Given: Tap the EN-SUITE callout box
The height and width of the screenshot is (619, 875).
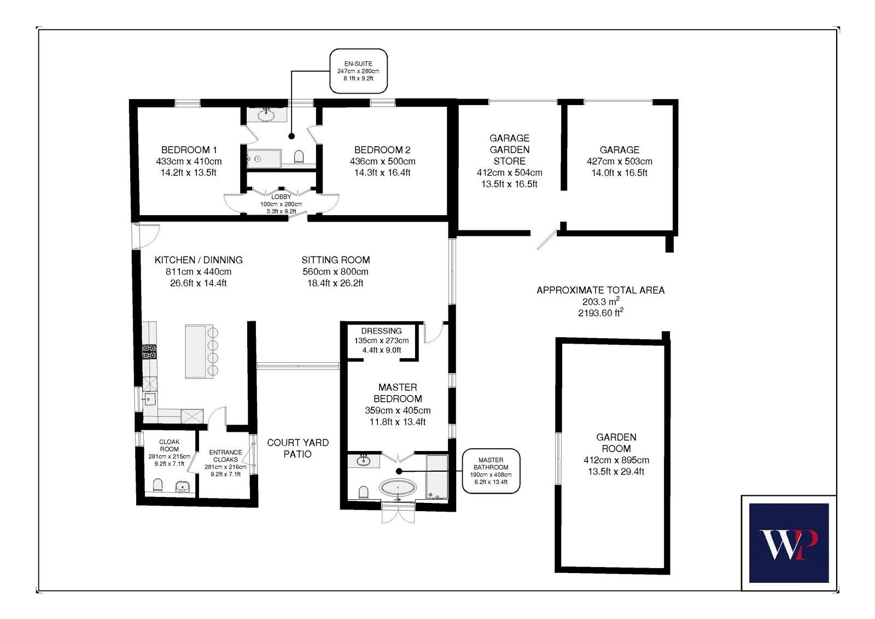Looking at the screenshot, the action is coord(358,71).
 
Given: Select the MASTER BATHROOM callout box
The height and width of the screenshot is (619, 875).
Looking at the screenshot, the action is coord(491,471).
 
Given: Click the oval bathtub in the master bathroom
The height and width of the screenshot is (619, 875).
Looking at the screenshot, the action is coord(398,488).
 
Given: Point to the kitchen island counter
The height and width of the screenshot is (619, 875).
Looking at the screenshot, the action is coord(199,351).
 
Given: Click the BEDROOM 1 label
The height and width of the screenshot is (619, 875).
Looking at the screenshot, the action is coord(189,150).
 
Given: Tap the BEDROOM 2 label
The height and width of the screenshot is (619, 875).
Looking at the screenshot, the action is coord(382,150).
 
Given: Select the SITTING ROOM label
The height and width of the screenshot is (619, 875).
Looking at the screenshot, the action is coord(336,260).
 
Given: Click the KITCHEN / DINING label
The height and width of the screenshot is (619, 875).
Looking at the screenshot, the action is coord(199,260).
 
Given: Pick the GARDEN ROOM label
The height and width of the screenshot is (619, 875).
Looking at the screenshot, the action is coord(616,443).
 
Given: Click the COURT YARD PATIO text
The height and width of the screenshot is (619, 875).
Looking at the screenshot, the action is coord(297,448).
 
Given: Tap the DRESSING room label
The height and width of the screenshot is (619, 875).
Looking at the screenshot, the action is coord(381,331).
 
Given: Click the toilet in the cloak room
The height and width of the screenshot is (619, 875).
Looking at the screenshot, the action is coord(158,485).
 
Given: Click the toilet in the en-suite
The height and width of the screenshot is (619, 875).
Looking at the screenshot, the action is coord(299,157).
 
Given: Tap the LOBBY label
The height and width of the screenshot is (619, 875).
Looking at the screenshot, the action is coord(281,196).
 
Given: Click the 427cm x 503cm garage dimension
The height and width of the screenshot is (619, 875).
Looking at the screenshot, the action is coord(620,161).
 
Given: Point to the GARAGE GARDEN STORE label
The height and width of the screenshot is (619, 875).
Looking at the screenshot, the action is coord(509,149).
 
